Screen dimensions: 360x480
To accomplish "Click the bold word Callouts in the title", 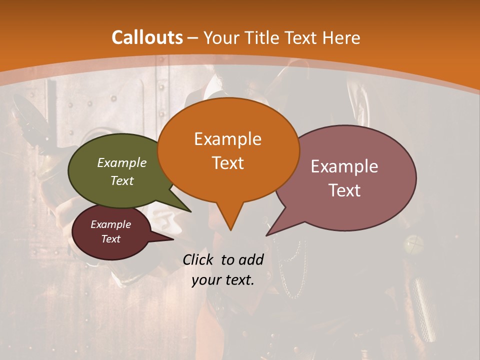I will click(x=147, y=37).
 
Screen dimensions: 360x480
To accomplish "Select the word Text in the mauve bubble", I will click(x=344, y=190).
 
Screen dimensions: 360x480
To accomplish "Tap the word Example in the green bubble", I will click(x=121, y=162).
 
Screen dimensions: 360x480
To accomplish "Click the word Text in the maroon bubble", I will click(x=110, y=239).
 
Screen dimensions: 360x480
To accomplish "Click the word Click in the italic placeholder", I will click(x=199, y=259).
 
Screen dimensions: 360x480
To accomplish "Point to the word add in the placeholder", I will click(x=250, y=259).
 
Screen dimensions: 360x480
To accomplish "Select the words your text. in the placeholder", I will click(x=223, y=280).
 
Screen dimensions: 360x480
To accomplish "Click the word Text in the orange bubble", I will click(x=227, y=162).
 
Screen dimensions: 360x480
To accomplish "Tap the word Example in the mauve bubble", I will click(x=344, y=166).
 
